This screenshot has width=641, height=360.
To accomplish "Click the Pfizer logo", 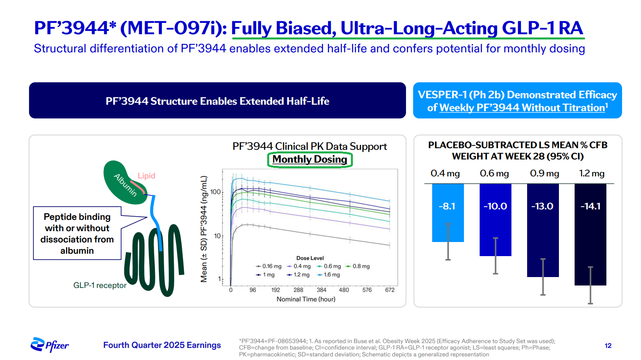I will click(x=49, y=345).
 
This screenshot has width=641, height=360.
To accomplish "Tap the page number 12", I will click(x=608, y=346).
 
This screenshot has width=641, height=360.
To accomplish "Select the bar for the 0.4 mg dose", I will click(x=447, y=213).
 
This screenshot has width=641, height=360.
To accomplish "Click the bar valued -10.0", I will click(x=495, y=219).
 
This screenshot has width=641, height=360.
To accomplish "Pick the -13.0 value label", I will click(x=542, y=206).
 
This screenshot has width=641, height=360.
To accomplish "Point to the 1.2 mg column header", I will click(x=592, y=174).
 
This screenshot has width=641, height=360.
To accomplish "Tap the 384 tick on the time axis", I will click(x=322, y=290).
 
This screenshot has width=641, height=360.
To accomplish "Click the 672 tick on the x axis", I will click(x=390, y=290).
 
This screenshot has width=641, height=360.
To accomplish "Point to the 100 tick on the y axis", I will click(x=216, y=192).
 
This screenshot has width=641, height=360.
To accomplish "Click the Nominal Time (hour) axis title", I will click(x=306, y=299).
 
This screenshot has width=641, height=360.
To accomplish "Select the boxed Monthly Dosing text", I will click(x=310, y=159).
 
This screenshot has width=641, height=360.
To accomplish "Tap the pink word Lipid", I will click(x=146, y=176).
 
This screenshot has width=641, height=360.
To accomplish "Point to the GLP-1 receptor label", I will click(x=100, y=286).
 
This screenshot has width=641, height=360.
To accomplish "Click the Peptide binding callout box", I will click(x=77, y=234).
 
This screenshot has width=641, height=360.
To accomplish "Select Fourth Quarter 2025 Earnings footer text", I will click(x=162, y=345).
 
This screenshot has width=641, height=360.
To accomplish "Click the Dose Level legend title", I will click(x=310, y=258).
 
